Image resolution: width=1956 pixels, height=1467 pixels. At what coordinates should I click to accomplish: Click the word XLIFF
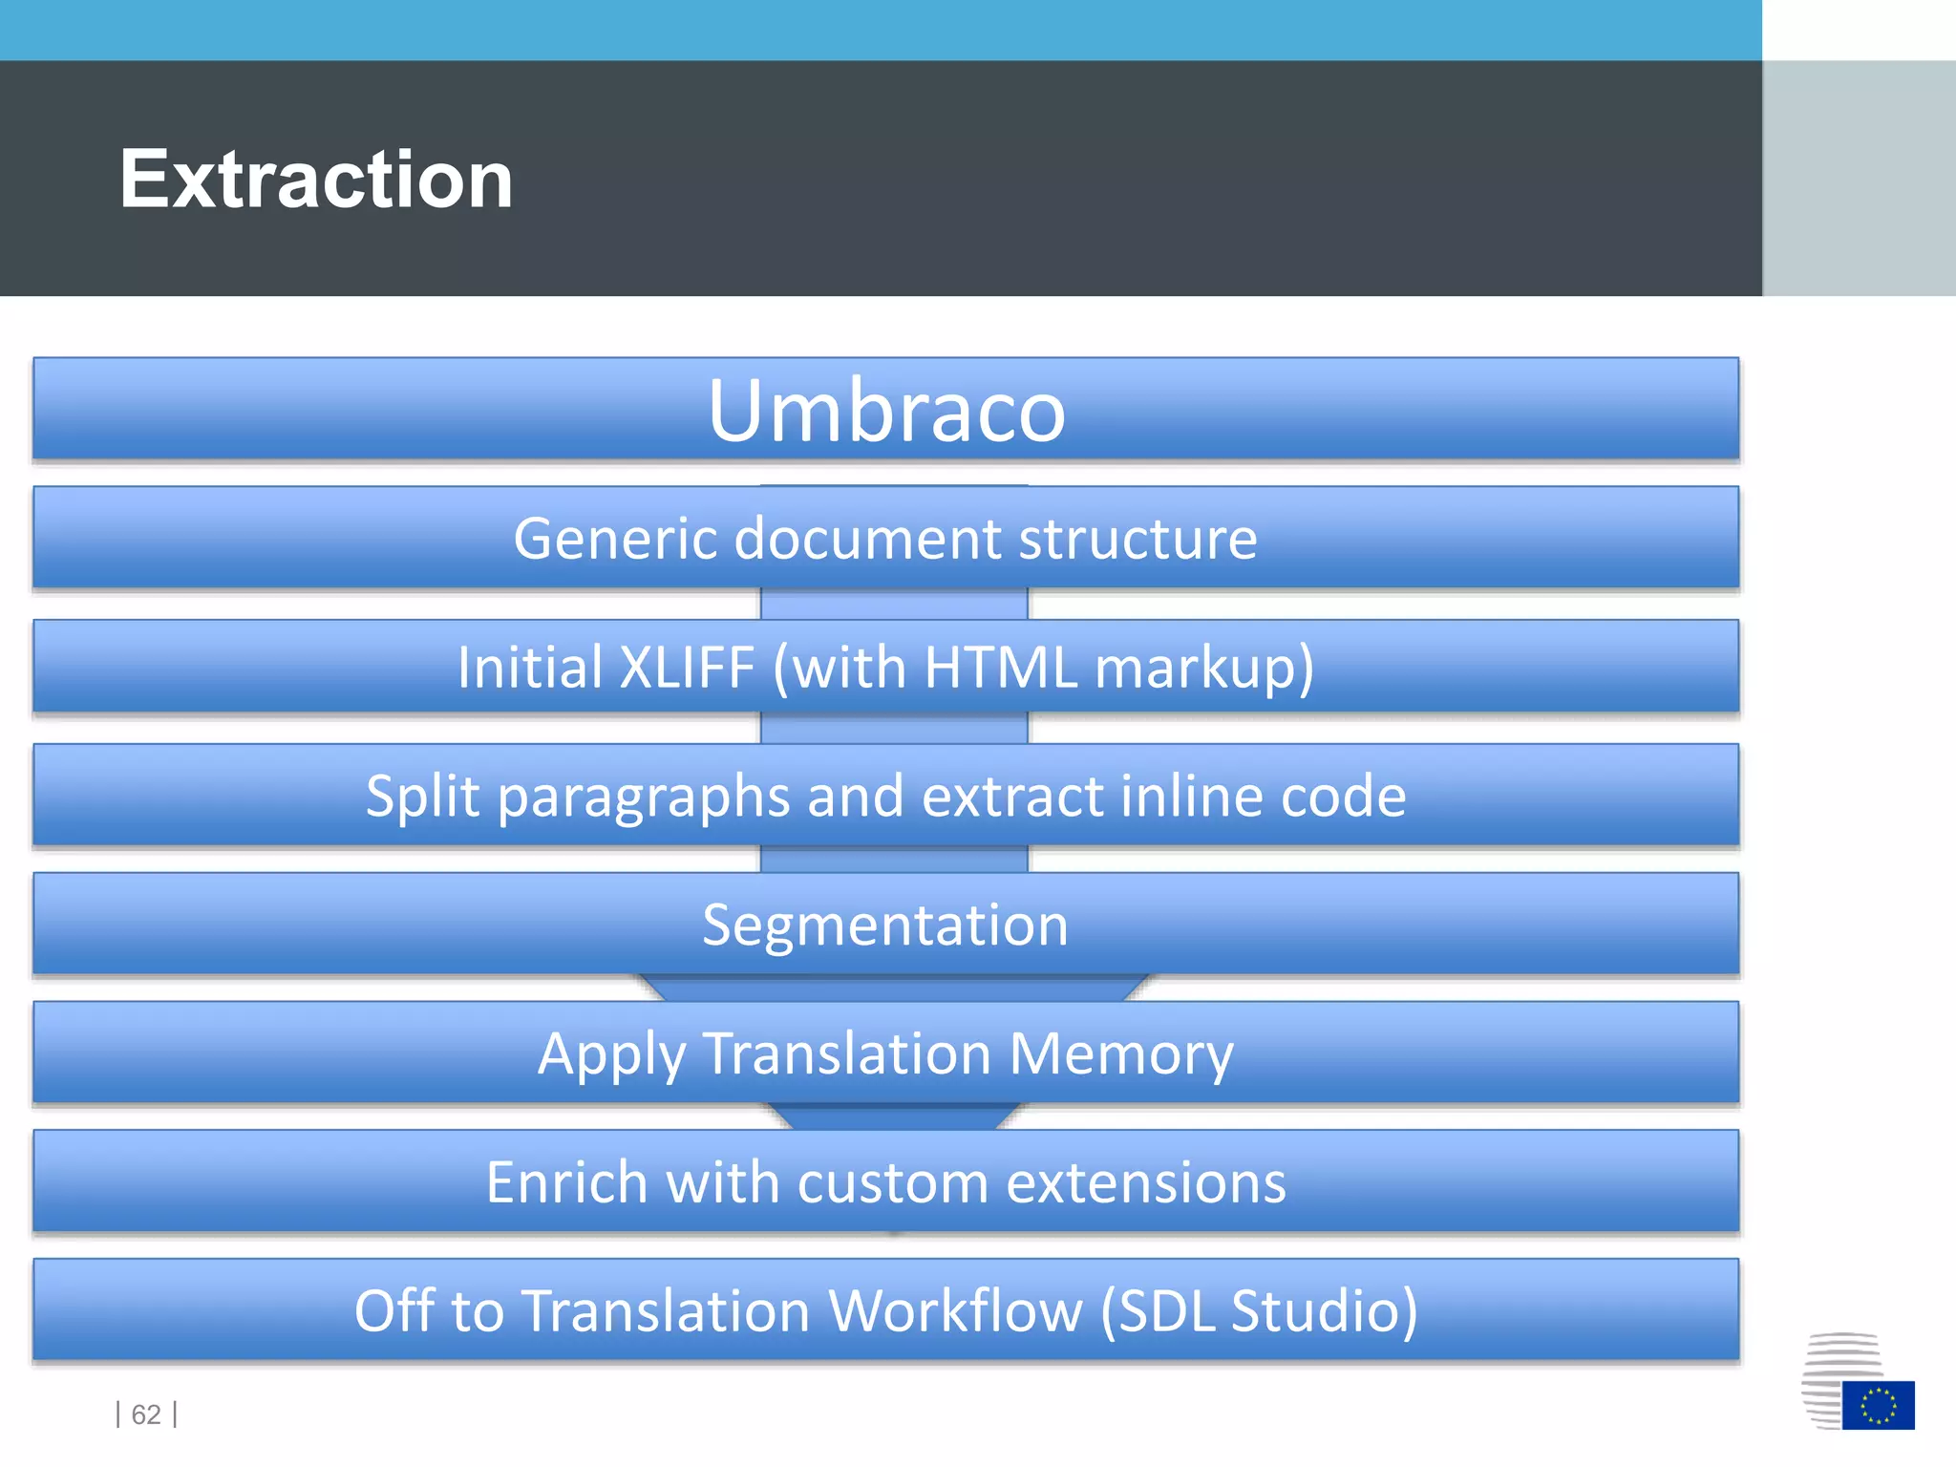pyautogui.click(x=687, y=667)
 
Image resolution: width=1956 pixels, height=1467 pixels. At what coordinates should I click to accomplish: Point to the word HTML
pyautogui.click(x=1000, y=667)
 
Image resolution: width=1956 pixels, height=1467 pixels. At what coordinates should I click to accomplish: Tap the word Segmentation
pyautogui.click(x=885, y=925)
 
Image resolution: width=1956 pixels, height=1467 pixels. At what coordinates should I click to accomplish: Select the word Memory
pyautogui.click(x=1121, y=1053)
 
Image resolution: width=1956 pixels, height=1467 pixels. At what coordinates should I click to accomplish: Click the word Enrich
pyautogui.click(x=568, y=1182)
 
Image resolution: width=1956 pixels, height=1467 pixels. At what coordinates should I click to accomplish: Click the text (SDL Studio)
pyautogui.click(x=1259, y=1310)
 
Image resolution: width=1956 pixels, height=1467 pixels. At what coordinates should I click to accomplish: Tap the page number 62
pyautogui.click(x=146, y=1414)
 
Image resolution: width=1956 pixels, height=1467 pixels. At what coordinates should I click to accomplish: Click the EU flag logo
pyautogui.click(x=1878, y=1405)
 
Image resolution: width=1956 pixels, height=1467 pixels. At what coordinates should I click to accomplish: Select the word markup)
pyautogui.click(x=1204, y=667)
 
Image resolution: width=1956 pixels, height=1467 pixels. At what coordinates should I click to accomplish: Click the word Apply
pyautogui.click(x=612, y=1055)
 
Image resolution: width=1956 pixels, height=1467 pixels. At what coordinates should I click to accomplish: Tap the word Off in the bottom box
pyautogui.click(x=394, y=1310)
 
